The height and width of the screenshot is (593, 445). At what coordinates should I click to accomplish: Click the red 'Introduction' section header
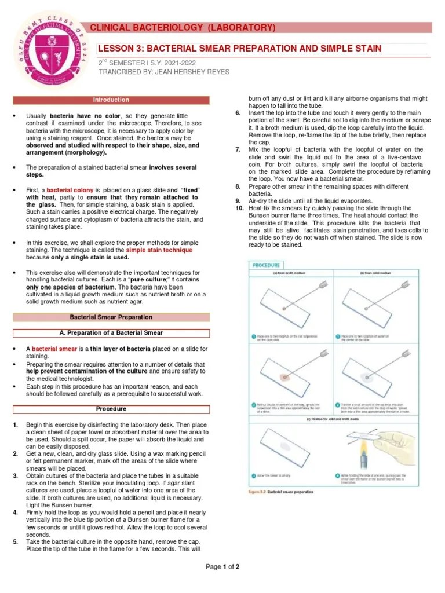tap(111, 100)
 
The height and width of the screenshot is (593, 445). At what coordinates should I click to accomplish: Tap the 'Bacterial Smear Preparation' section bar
tap(111, 317)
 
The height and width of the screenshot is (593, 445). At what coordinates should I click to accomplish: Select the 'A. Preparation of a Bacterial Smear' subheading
tap(111, 333)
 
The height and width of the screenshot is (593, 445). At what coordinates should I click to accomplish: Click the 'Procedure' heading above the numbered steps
tap(111, 409)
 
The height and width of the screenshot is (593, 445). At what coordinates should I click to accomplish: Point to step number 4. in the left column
tap(15, 513)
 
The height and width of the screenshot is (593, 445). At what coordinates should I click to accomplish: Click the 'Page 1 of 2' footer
tap(222, 567)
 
